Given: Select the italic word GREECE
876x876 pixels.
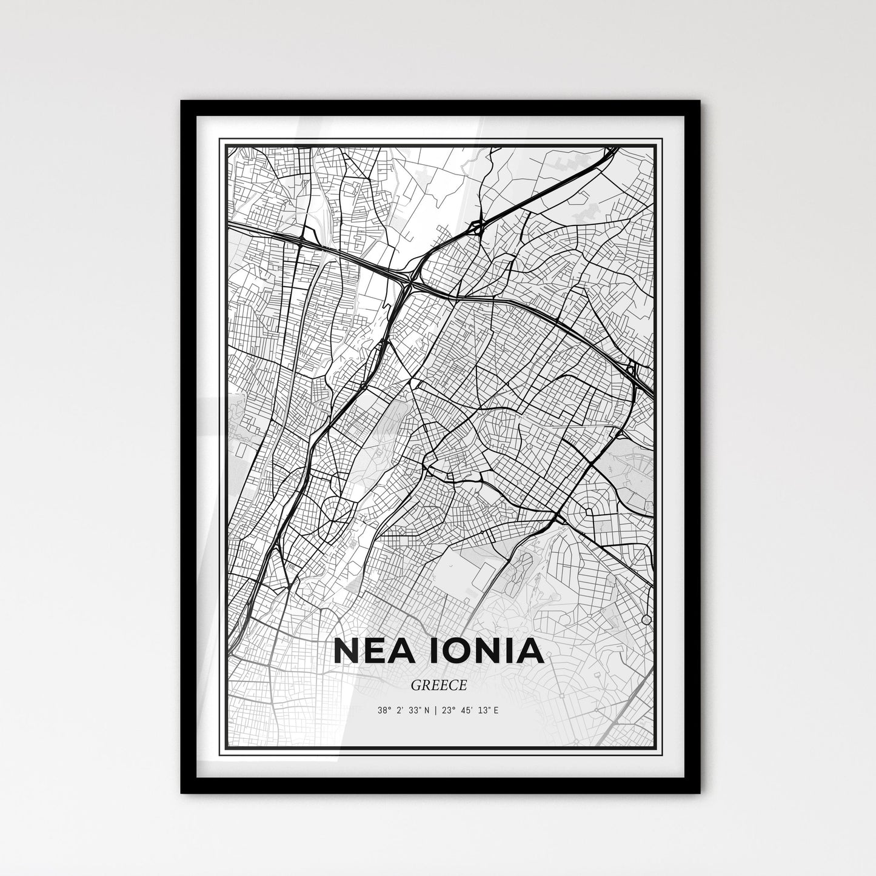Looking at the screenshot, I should click(x=438, y=686).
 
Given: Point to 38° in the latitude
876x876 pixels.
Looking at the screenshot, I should click(x=384, y=710).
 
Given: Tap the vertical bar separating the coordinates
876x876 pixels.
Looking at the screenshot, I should click(x=436, y=710).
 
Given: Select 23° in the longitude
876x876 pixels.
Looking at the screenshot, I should click(x=447, y=710).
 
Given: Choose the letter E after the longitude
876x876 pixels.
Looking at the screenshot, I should click(x=495, y=710).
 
